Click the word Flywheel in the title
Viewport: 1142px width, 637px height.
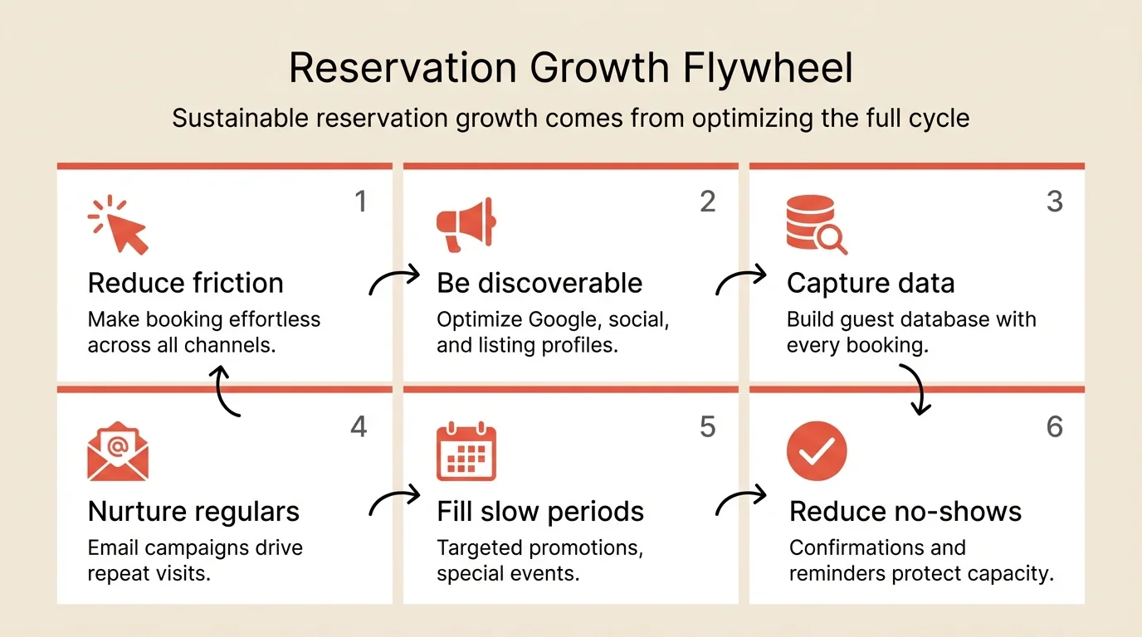(768, 69)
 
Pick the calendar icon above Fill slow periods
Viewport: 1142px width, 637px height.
(466, 452)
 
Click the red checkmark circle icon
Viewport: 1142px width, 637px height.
(816, 452)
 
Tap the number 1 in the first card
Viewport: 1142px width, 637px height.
(360, 202)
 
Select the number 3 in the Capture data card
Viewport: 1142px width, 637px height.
(1054, 202)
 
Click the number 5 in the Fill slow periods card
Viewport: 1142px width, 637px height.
(707, 426)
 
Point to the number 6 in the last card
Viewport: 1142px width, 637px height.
(1054, 426)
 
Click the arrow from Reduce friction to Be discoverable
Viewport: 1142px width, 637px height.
(394, 280)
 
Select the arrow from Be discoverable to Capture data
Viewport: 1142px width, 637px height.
(741, 280)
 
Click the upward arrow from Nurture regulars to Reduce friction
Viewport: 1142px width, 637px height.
(226, 391)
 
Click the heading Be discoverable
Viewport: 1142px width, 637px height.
(539, 283)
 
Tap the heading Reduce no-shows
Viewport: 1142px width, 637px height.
(905, 512)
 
